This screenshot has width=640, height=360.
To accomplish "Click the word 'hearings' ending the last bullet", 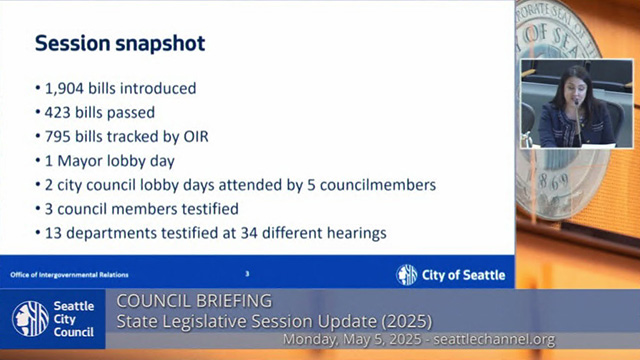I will [354, 234].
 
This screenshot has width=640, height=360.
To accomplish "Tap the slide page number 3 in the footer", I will [247, 274].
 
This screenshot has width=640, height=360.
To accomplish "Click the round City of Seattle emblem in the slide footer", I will [407, 275].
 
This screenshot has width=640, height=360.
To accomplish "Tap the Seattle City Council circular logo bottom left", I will [30, 319].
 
